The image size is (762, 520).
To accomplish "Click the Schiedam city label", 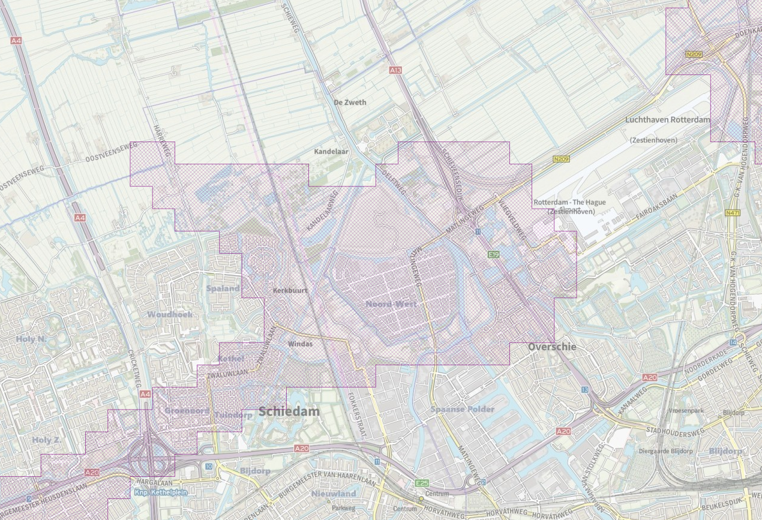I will pyautogui.click(x=289, y=412).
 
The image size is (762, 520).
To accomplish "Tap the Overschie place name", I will pyautogui.click(x=552, y=347).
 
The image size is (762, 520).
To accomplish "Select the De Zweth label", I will pyautogui.click(x=350, y=103).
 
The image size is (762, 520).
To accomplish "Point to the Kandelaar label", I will pyautogui.click(x=331, y=152).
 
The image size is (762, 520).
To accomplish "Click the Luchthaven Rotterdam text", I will pyautogui.click(x=667, y=120).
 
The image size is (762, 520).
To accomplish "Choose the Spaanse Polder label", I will pyautogui.click(x=462, y=409).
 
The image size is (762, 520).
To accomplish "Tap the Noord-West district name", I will pyautogui.click(x=391, y=304).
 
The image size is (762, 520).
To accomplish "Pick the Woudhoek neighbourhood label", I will pyautogui.click(x=170, y=314).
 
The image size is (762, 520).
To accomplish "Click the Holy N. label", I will pyautogui.click(x=31, y=339).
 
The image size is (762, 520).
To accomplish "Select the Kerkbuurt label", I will pyautogui.click(x=290, y=290).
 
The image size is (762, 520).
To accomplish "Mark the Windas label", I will pyautogui.click(x=300, y=344).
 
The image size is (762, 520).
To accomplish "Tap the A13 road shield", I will pyautogui.click(x=395, y=70).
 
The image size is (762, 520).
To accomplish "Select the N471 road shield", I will pyautogui.click(x=732, y=213).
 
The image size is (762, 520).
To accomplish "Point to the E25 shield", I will pyautogui.click(x=422, y=483).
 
